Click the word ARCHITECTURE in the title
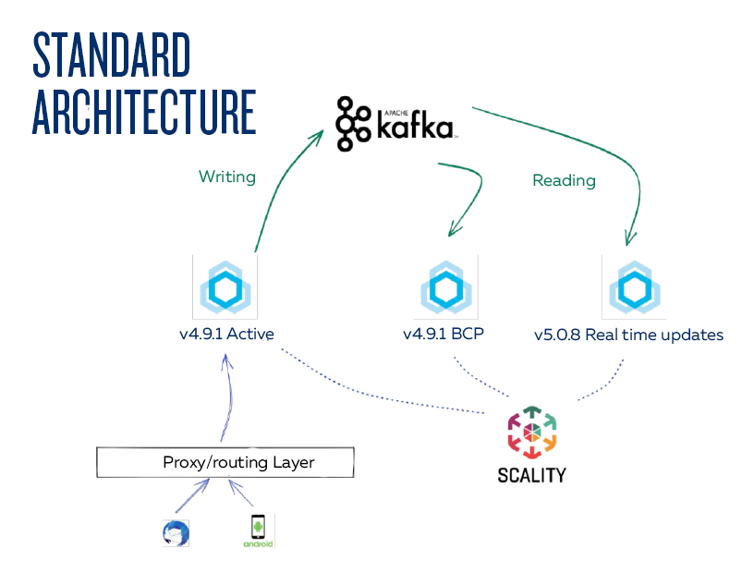(144, 112)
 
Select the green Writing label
(226, 176)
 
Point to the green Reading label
(564, 180)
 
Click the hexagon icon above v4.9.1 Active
(225, 286)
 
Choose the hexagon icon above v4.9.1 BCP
(445, 287)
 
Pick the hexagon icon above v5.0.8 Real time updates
(634, 287)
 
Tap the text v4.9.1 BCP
(444, 334)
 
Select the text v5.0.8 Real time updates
(628, 334)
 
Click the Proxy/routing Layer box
(225, 462)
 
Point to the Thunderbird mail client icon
(175, 533)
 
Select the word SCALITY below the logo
(531, 476)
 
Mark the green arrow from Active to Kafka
(277, 185)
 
